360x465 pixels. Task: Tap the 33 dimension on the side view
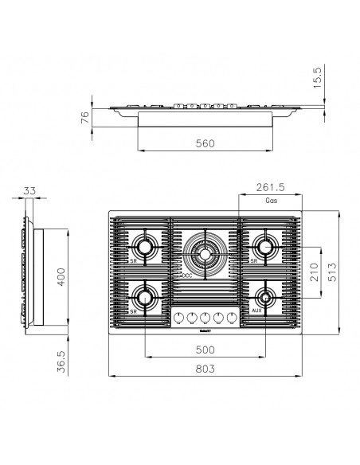click(29, 190)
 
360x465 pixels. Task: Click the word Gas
click(272, 203)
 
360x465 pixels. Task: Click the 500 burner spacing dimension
click(205, 349)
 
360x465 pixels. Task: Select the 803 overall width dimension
click(205, 368)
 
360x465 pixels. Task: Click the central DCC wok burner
click(205, 254)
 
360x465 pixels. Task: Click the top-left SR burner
click(145, 242)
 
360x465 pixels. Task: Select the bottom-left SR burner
click(145, 297)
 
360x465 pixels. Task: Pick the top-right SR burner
click(265, 242)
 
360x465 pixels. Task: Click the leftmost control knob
click(178, 318)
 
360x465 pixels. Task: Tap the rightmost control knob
click(232, 318)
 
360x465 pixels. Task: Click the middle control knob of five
click(205, 318)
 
